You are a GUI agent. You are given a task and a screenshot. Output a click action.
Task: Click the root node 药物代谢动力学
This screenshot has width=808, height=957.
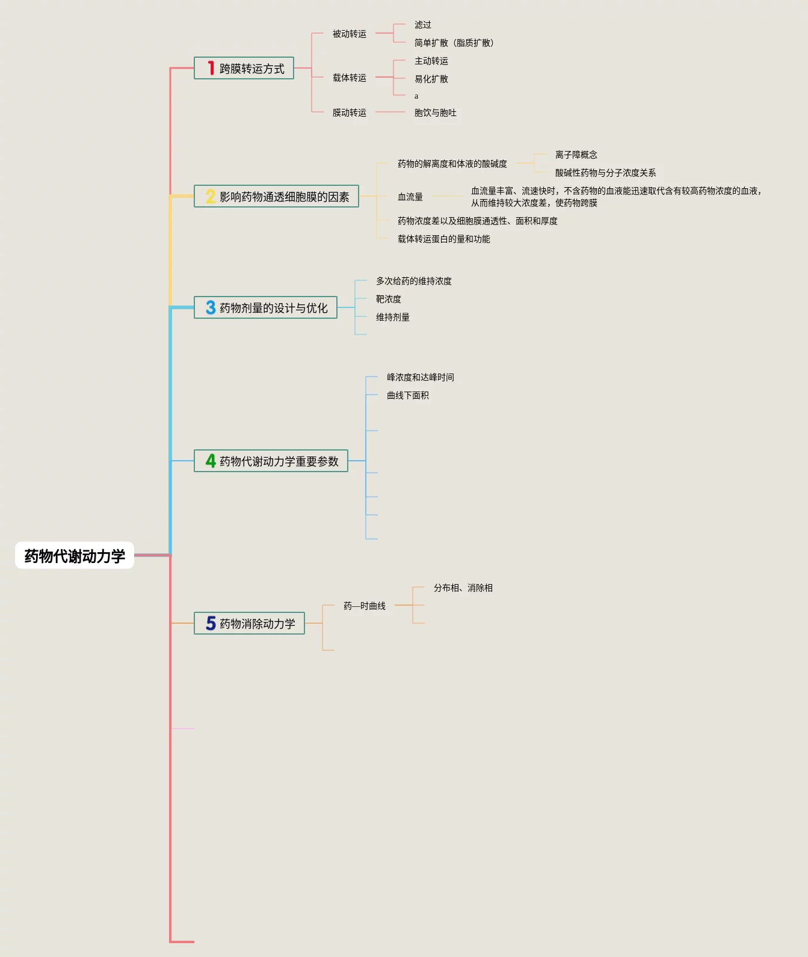tap(75, 556)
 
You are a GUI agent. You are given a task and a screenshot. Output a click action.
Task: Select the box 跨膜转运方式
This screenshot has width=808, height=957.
tap(244, 69)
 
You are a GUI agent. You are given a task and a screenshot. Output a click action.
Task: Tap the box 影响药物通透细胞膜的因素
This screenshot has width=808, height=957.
tap(276, 197)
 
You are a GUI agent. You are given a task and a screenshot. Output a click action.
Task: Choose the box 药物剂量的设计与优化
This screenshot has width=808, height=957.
tap(265, 308)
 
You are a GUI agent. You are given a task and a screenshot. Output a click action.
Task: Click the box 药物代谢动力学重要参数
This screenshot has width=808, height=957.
tap(271, 461)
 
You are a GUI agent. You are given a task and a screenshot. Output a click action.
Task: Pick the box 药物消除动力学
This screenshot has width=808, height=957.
tap(249, 624)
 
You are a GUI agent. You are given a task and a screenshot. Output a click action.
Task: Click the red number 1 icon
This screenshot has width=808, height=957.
tap(211, 69)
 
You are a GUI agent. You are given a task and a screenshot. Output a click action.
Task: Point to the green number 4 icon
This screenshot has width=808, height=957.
tap(211, 461)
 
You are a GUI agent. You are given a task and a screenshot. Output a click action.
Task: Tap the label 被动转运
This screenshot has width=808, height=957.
tap(349, 34)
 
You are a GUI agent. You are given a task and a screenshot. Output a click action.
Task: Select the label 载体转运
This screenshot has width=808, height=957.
tap(349, 78)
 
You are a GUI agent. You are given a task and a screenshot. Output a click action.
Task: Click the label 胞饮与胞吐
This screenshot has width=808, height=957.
tap(435, 113)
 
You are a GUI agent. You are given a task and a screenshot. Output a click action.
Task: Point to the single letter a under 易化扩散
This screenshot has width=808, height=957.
tap(416, 96)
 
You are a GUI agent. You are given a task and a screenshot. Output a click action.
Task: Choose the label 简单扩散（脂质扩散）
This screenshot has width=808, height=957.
tap(454, 43)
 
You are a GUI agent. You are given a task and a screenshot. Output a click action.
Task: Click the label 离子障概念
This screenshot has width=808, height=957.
tap(576, 155)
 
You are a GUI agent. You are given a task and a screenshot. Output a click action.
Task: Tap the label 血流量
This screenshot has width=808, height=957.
tap(410, 197)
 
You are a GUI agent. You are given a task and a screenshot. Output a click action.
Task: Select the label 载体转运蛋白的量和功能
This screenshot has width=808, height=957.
tap(443, 239)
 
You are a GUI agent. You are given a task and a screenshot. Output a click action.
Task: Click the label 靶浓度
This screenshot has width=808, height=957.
tap(388, 300)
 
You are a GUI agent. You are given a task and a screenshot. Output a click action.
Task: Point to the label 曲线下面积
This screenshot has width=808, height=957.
tap(407, 396)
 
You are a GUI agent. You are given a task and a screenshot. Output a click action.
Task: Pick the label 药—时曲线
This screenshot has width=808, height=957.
tap(364, 606)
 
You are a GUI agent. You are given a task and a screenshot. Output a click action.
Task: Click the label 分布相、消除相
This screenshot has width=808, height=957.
tap(463, 588)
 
